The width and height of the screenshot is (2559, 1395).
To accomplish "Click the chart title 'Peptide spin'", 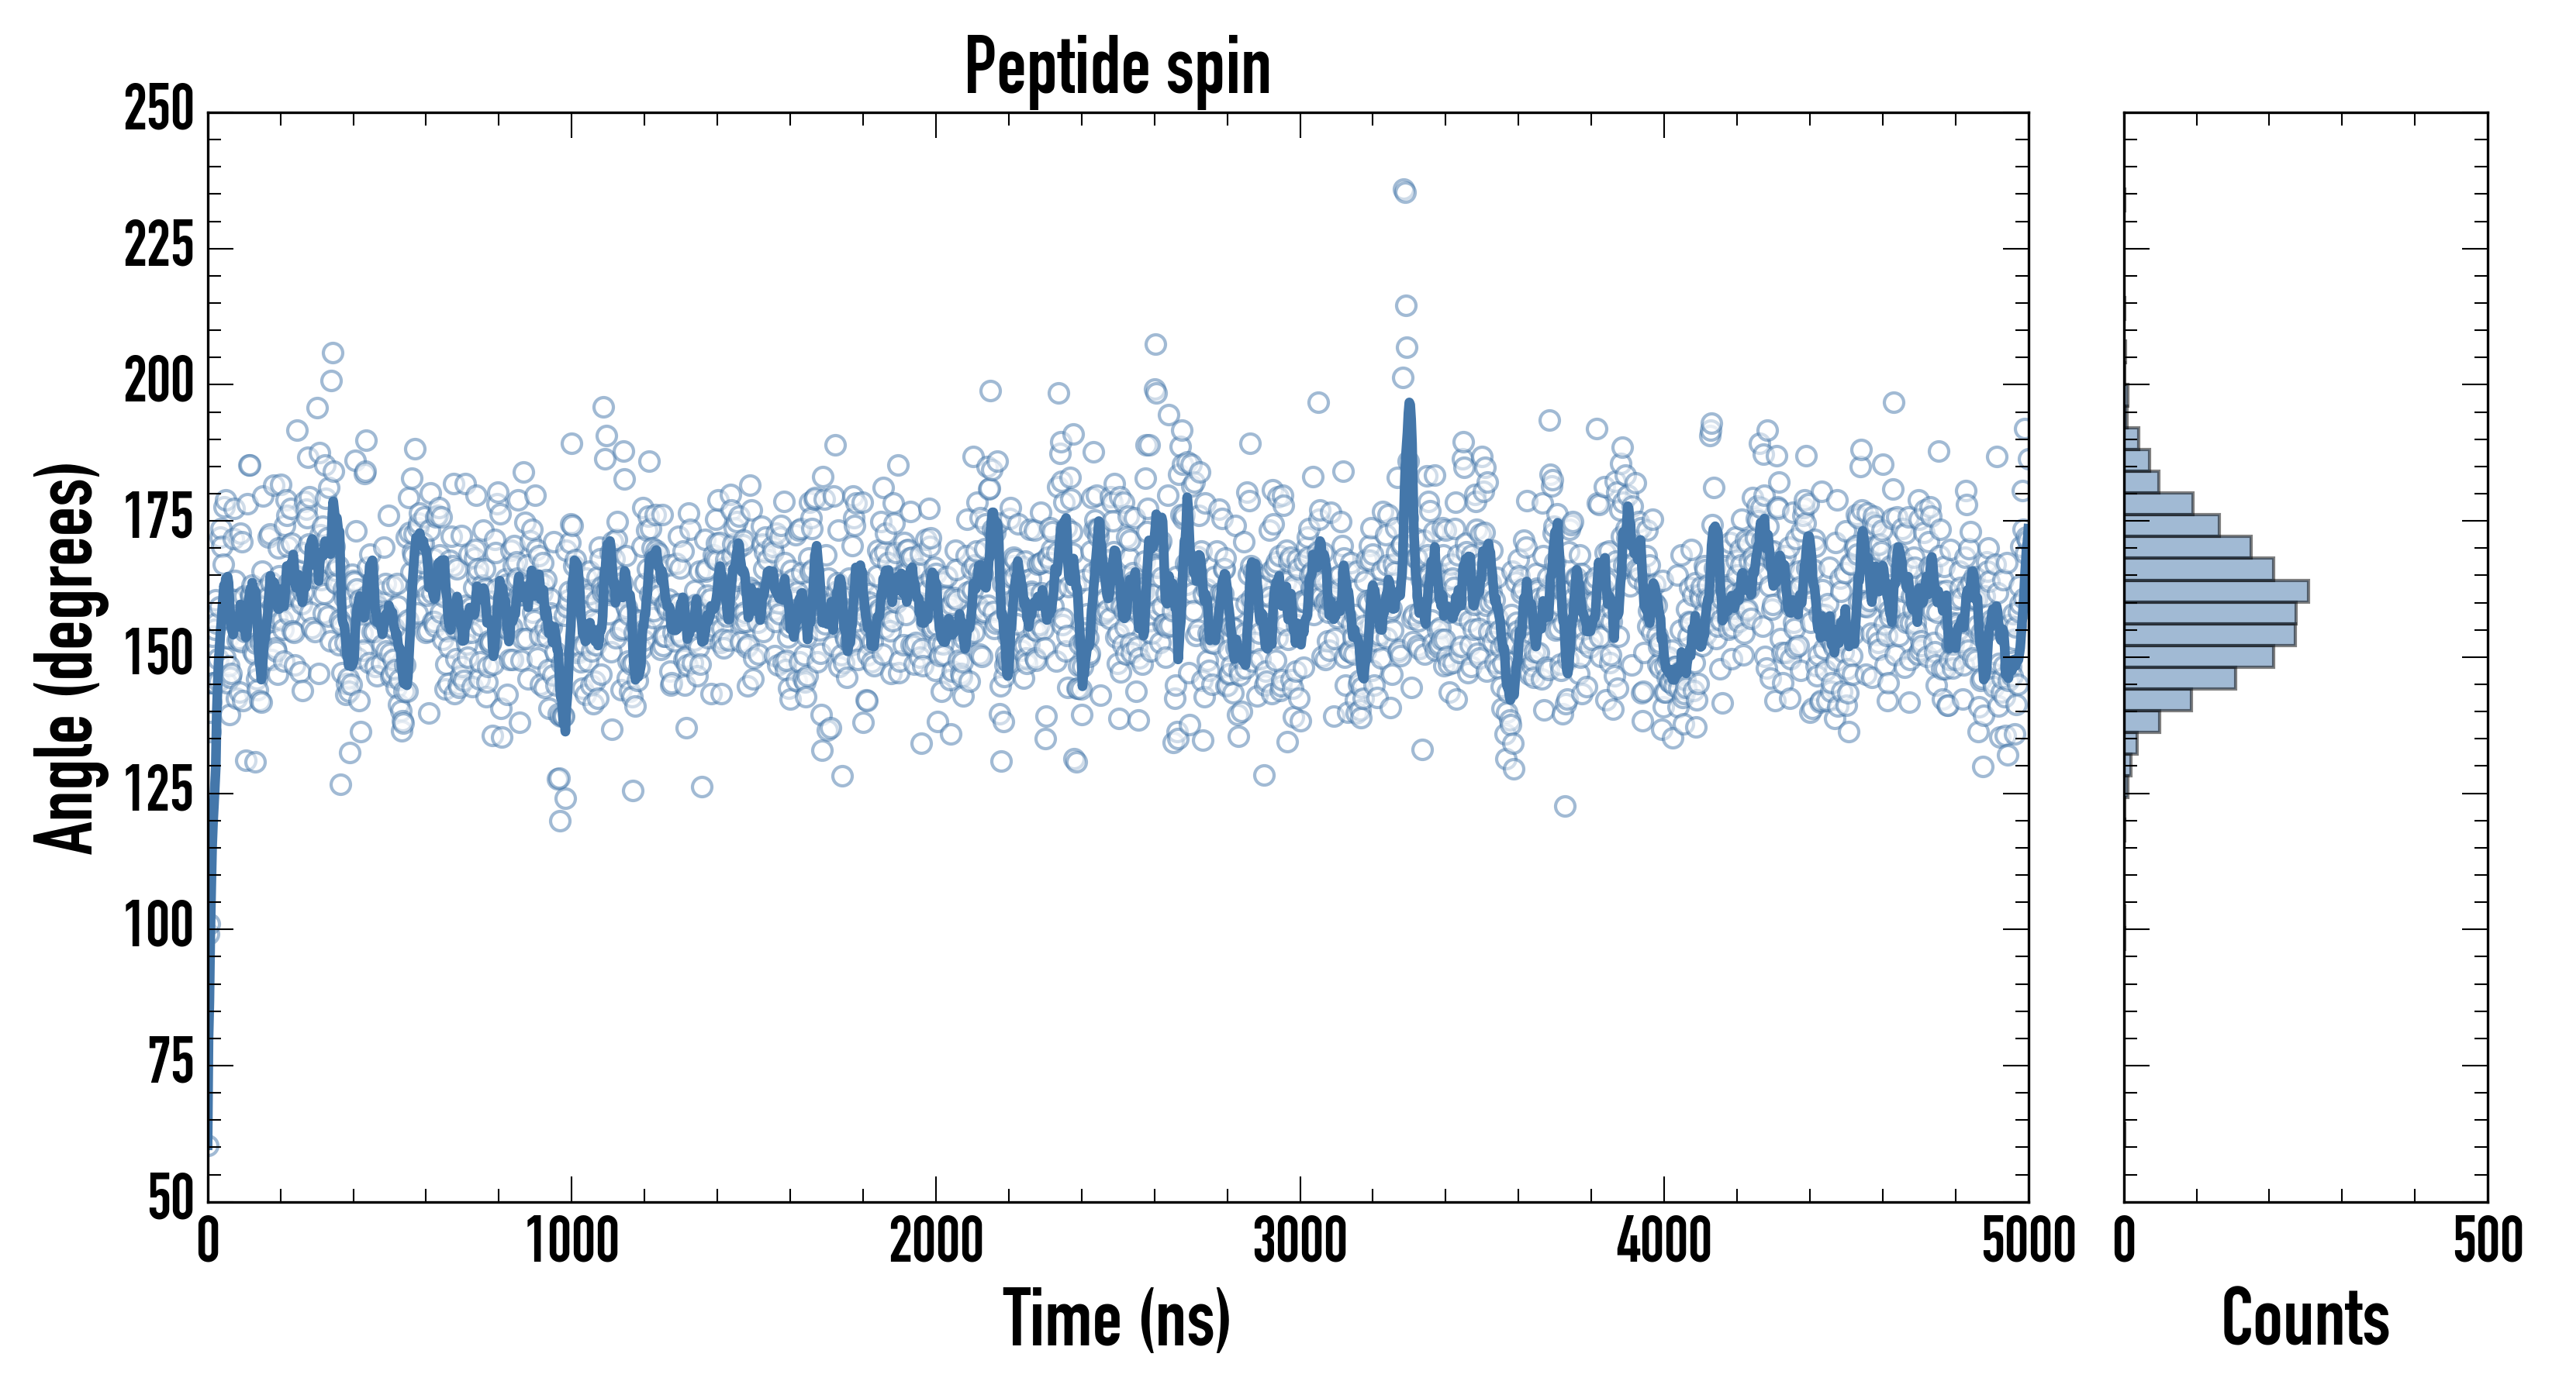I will click(1117, 67).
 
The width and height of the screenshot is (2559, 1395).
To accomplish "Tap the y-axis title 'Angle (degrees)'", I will click(66, 656).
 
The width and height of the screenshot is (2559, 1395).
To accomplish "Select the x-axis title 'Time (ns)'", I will click(1117, 1317).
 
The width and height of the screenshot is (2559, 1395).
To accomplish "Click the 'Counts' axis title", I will click(2305, 1317).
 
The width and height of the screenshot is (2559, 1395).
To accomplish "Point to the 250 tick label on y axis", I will click(159, 109).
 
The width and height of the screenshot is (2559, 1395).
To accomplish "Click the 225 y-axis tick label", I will click(159, 246).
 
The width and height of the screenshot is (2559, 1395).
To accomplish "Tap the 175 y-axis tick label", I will click(159, 519).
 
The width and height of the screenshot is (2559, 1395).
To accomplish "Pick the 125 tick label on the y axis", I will click(159, 792).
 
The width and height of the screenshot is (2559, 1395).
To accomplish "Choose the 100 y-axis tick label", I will click(159, 928).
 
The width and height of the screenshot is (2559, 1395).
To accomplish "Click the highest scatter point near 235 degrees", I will click(1404, 188).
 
